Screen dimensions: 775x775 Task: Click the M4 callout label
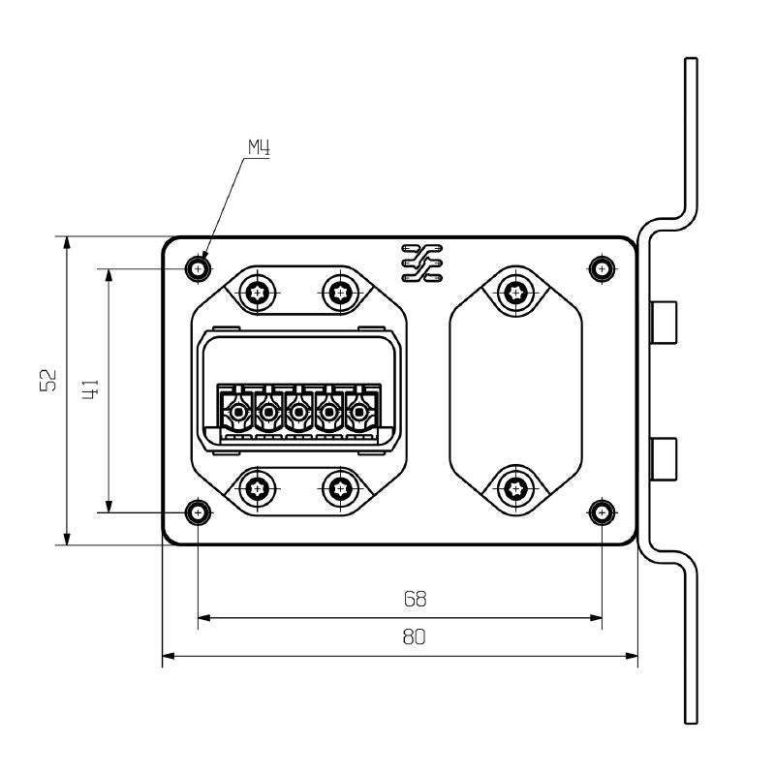257,147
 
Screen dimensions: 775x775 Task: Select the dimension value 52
47,380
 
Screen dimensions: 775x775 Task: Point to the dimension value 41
88,390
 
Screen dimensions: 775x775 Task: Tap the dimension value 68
415,599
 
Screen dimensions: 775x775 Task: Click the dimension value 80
415,637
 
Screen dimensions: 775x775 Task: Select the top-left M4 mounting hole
199,266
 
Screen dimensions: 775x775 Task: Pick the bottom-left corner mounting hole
199,511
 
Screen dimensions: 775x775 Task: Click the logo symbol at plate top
421,263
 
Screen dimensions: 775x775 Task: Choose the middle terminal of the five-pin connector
297,414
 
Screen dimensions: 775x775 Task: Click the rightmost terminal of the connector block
359,414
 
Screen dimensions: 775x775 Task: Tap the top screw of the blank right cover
516,290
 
